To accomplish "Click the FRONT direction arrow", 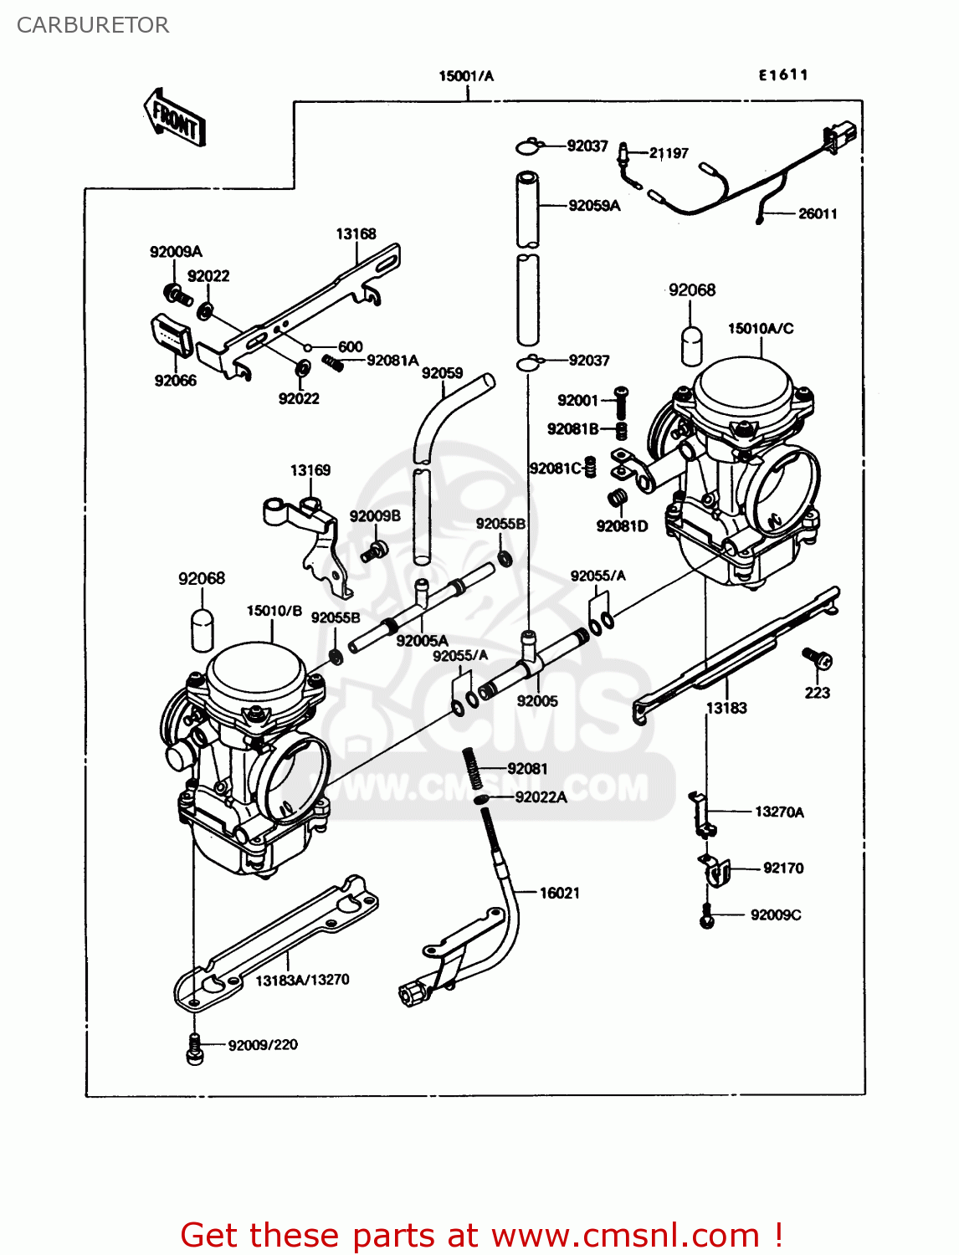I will pyautogui.click(x=174, y=118).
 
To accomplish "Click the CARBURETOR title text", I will pyautogui.click(x=92, y=25).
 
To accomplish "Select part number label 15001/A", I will pyautogui.click(x=466, y=76).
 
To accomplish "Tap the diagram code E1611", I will pyautogui.click(x=783, y=74).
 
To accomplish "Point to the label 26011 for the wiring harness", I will pyautogui.click(x=817, y=213).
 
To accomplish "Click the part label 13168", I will pyautogui.click(x=356, y=234).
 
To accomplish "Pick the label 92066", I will pyautogui.click(x=175, y=381).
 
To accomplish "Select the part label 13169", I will pyautogui.click(x=310, y=470).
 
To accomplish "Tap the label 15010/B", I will pyautogui.click(x=274, y=611).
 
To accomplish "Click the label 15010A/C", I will pyautogui.click(x=760, y=329).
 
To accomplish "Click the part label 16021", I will pyautogui.click(x=559, y=893).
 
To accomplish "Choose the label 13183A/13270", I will pyautogui.click(x=302, y=980).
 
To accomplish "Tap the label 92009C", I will pyautogui.click(x=775, y=914).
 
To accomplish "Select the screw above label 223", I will pyautogui.click(x=816, y=658).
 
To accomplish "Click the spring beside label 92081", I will pyautogui.click(x=473, y=768).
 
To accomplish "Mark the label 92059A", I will pyautogui.click(x=594, y=206).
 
